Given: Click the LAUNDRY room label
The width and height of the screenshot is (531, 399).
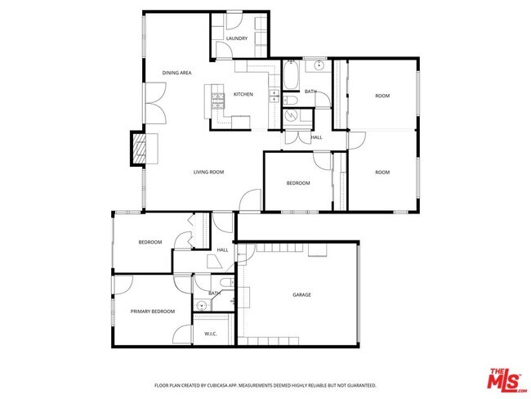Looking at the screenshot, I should tap(237, 38).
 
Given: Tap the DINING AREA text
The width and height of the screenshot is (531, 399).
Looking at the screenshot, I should tap(176, 74).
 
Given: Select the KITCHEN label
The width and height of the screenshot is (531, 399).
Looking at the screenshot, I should tap(243, 95).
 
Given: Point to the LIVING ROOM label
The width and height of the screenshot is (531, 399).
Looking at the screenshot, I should tap(208, 173).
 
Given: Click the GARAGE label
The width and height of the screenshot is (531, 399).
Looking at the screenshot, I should tap(301, 295).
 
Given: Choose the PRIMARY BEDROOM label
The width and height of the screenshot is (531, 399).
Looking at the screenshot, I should tap(153, 312).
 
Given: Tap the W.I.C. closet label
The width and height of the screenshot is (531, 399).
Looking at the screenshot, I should tap(210, 334).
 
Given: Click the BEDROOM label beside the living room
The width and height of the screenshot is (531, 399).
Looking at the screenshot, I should tap(297, 183).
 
